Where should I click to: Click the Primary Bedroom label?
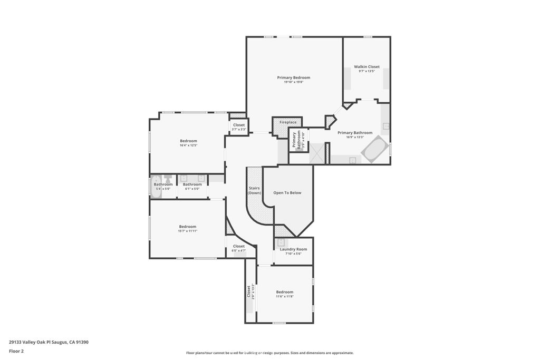click(x=294, y=77)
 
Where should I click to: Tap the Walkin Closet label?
click(x=367, y=67)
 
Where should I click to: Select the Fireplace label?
click(x=288, y=122)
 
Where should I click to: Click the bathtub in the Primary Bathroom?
click(x=374, y=149)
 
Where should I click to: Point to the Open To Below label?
click(x=287, y=193)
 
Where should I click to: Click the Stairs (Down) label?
click(x=255, y=190)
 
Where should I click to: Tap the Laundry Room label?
click(x=293, y=249)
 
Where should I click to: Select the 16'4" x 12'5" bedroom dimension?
click(x=188, y=145)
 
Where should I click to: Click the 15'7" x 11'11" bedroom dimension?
click(x=188, y=231)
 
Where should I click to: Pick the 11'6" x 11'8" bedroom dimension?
click(x=285, y=296)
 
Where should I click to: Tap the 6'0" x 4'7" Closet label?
click(x=239, y=246)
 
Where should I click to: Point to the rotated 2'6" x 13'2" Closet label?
click(x=250, y=291)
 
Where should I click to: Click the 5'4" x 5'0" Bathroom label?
click(x=163, y=184)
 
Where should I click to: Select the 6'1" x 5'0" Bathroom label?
click(x=192, y=184)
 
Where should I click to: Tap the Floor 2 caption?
click(x=16, y=351)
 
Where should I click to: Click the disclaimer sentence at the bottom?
click(x=269, y=353)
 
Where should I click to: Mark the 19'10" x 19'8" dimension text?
click(x=294, y=82)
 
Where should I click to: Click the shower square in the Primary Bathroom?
click(x=316, y=153)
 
